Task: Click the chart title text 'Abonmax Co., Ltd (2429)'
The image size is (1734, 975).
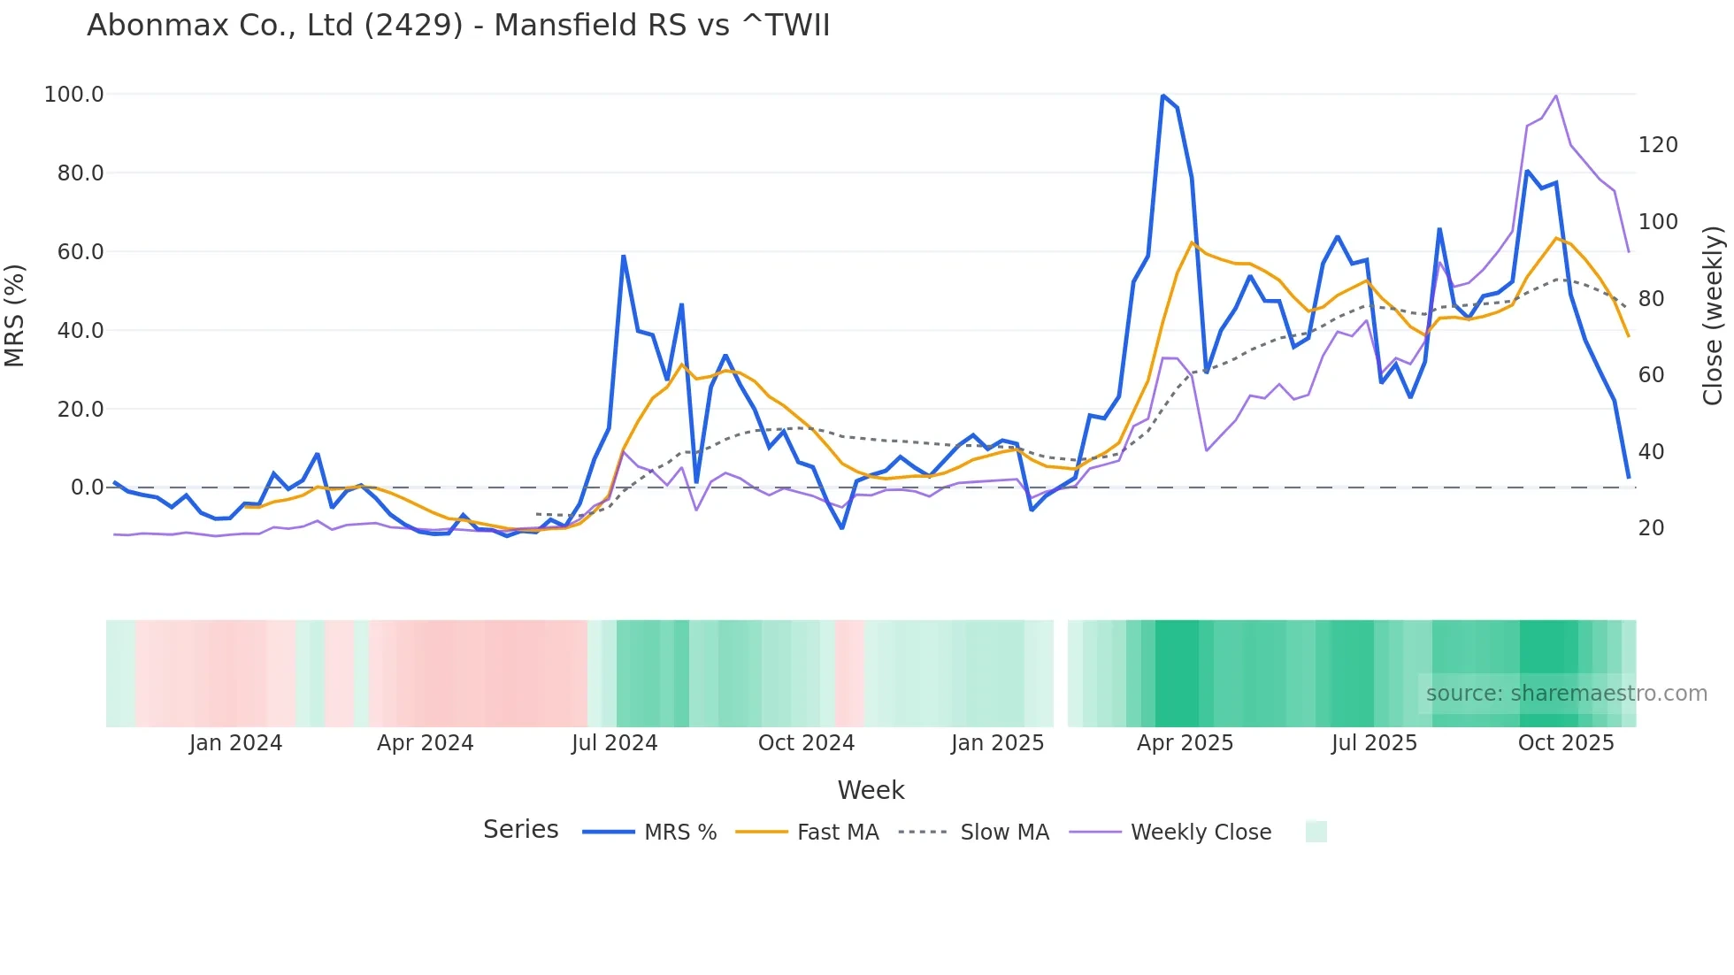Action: tap(274, 26)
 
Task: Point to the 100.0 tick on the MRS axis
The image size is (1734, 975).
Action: tap(74, 95)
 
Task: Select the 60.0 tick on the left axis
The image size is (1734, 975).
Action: tap(81, 252)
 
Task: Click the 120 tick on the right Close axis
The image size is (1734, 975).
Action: tap(1658, 145)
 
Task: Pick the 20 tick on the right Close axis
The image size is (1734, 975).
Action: tap(1652, 528)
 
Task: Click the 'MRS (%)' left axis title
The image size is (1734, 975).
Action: tap(14, 315)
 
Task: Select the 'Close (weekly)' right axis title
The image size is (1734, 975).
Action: tap(1713, 316)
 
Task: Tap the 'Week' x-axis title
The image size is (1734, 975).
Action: tap(871, 790)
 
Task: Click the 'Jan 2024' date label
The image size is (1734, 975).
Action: tap(235, 743)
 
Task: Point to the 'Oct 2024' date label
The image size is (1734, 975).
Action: tap(806, 743)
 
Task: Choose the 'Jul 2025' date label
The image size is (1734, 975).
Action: tap(1374, 743)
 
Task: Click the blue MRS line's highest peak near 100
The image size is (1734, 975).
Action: tap(1162, 96)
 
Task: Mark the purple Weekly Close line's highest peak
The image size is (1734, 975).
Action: tap(1556, 96)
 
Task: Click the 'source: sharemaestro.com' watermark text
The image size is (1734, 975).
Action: tap(1566, 694)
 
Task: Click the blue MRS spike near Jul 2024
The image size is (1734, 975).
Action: tap(624, 257)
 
